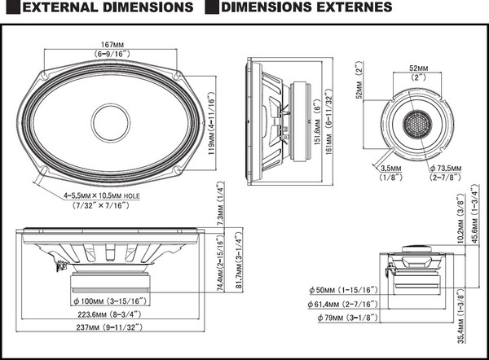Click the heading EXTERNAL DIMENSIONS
pos(103,9)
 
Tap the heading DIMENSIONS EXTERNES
pos(306,9)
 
